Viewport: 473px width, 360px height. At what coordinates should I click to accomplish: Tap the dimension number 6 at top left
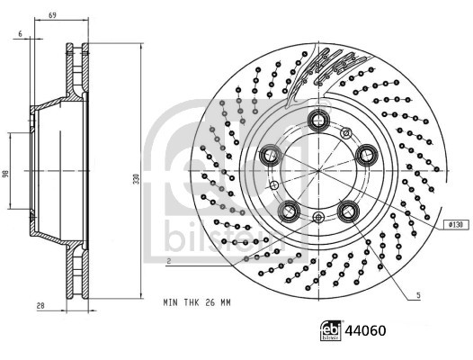19,33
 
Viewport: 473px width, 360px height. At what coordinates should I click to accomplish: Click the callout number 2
168,260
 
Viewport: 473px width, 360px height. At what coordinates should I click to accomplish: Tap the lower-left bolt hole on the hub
288,211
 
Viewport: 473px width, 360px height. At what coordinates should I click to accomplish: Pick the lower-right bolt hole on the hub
349,211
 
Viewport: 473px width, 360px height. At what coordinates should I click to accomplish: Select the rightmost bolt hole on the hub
368,156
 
